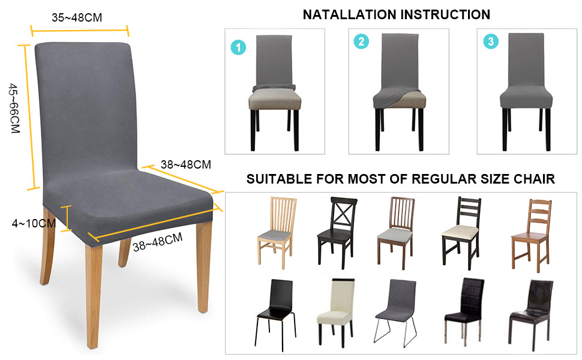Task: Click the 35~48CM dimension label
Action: tap(77, 17)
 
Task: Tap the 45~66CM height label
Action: tap(14, 109)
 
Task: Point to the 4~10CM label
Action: tap(34, 223)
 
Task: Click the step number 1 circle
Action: tap(238, 47)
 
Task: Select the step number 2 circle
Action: tap(361, 41)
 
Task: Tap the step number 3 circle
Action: tap(491, 41)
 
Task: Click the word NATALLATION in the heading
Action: tap(349, 14)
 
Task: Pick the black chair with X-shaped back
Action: tap(337, 232)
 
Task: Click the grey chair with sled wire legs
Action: tap(396, 313)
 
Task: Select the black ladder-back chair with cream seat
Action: tap(461, 233)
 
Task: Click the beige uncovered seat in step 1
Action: tap(275, 100)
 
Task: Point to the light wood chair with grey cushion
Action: tap(277, 232)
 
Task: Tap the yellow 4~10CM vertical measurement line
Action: tap(67, 218)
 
